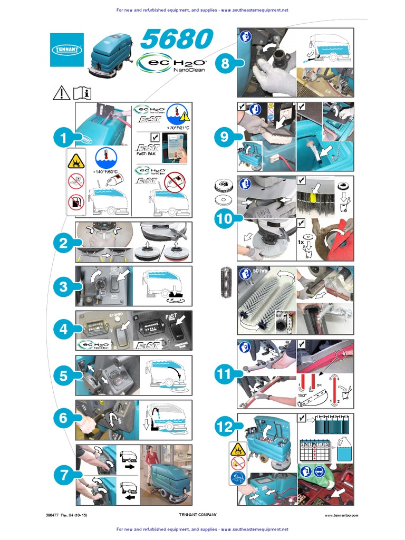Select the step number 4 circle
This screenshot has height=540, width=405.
(x=64, y=331)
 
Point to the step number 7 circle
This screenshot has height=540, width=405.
(x=64, y=475)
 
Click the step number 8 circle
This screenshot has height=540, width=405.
(x=225, y=64)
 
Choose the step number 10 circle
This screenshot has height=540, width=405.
(x=225, y=218)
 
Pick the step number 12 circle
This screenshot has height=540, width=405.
(x=225, y=427)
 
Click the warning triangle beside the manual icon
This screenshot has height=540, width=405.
(x=62, y=93)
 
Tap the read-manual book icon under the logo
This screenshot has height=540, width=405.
(x=82, y=93)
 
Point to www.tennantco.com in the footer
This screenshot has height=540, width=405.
(x=341, y=515)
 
